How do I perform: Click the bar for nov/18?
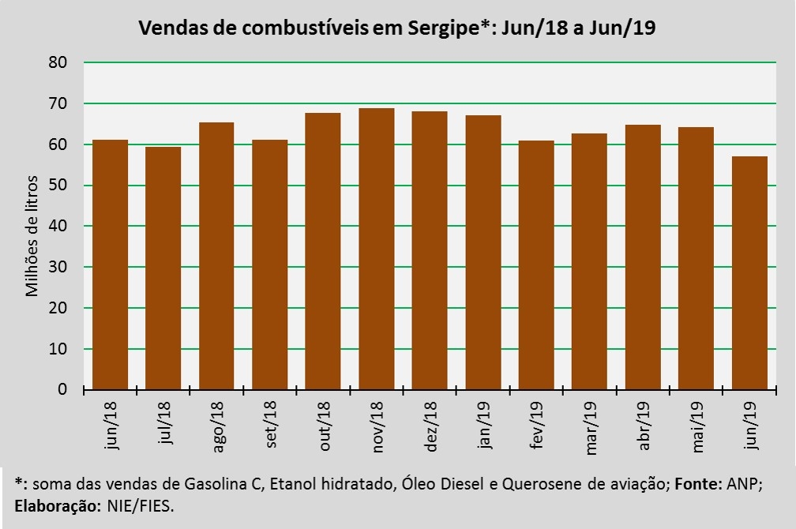point(376,249)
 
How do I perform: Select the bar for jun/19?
point(749,272)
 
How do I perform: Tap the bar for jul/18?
point(163,268)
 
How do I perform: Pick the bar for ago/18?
point(216,256)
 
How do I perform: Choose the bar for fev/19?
point(536,264)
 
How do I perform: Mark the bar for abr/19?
point(643,257)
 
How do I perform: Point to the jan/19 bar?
point(482,252)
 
